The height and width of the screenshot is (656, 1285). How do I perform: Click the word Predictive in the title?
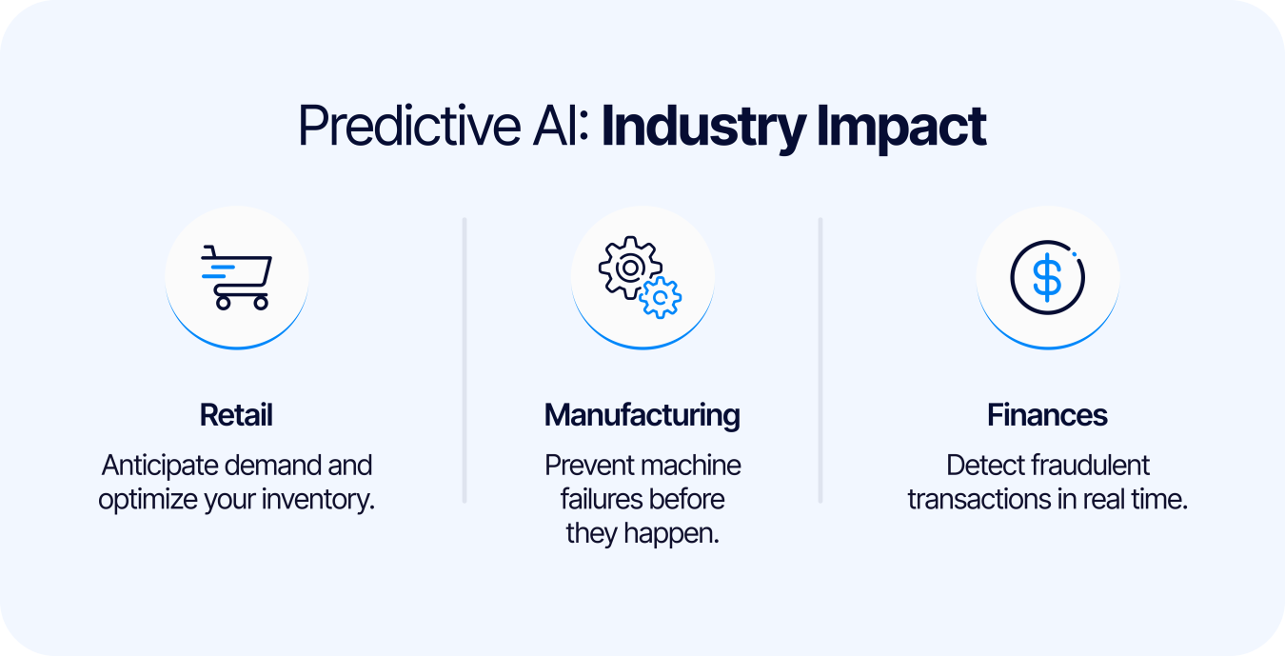(x=409, y=126)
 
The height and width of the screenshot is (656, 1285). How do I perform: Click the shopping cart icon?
(x=236, y=278)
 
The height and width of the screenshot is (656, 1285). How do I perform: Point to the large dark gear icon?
(x=630, y=268)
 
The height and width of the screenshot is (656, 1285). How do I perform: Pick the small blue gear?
(x=661, y=297)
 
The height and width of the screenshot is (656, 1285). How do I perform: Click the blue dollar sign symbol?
(x=1047, y=278)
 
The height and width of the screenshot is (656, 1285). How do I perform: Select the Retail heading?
(x=236, y=415)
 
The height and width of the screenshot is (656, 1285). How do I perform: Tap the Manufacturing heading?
(x=642, y=415)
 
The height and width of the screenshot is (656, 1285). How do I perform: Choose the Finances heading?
(x=1047, y=415)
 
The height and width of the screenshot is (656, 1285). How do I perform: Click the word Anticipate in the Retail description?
(x=160, y=466)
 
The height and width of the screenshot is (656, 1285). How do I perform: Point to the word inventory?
(x=318, y=500)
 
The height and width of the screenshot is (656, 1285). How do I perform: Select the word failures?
(x=599, y=499)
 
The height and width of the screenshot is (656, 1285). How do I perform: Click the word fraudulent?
(x=1089, y=466)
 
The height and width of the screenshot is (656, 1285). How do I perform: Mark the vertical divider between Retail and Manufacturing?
(x=465, y=361)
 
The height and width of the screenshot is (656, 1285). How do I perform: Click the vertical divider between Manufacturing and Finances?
(x=820, y=361)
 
